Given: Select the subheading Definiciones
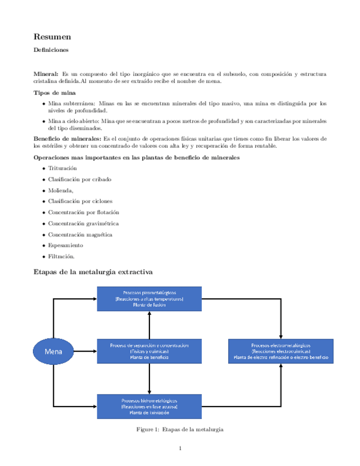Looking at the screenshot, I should (x=51, y=51).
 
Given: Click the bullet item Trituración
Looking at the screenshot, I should (x=62, y=168).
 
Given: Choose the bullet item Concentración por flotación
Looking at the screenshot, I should (x=84, y=212).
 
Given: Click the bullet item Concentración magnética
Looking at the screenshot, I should (x=80, y=235).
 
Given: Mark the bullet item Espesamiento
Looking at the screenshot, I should (x=65, y=246).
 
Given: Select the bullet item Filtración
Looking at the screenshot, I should (x=61, y=257).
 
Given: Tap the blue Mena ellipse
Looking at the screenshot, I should (x=53, y=351).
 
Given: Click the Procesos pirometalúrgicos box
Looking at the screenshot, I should (x=149, y=298).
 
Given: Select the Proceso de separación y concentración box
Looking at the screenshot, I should (x=149, y=351).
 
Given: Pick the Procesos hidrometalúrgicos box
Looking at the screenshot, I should (x=149, y=406).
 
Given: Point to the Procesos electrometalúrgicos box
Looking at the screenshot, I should (x=281, y=351).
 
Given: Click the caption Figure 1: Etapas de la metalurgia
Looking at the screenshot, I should (x=180, y=429).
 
